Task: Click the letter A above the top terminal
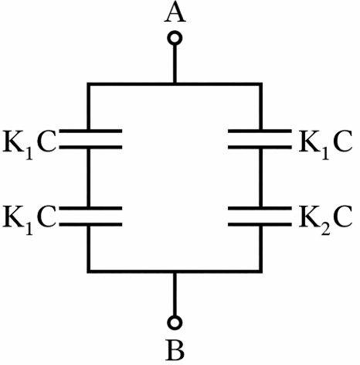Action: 175,12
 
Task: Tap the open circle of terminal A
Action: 175,38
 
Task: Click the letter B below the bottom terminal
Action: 175,351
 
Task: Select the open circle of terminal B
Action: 175,322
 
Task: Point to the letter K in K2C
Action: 309,217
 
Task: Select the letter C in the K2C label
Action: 342,217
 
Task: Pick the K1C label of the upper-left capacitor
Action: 29,143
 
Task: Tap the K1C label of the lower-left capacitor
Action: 29,220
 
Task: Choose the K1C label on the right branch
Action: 326,143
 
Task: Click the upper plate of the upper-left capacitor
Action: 90,131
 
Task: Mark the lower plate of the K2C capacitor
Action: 260,224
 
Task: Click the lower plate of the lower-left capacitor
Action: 90,224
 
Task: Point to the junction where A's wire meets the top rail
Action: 175,84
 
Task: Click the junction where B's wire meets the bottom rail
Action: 175,271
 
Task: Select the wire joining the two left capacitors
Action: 89,178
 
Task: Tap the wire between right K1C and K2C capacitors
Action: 260,178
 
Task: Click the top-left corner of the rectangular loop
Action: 89,84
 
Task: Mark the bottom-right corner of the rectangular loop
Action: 260,271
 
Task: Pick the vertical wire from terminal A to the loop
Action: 175,64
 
